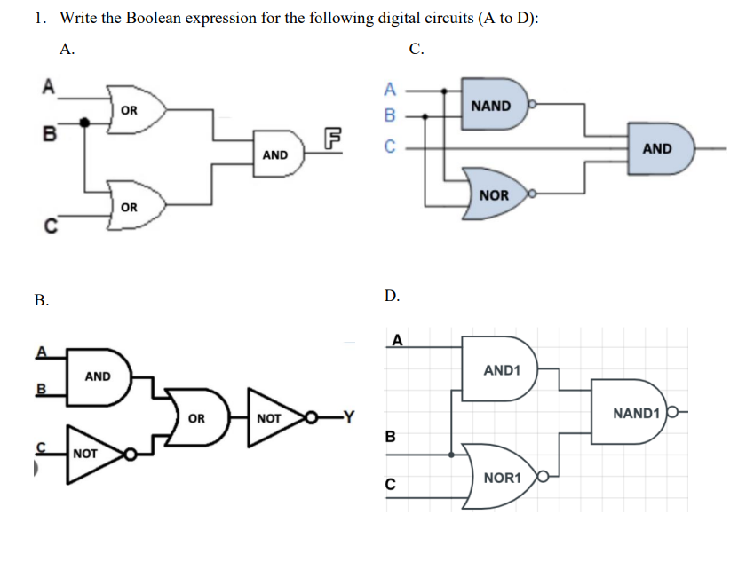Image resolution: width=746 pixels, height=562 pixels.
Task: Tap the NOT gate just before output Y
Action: coord(271,416)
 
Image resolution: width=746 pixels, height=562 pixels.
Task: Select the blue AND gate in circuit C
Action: coord(660,148)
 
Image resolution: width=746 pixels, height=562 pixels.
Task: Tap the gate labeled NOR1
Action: coord(500,478)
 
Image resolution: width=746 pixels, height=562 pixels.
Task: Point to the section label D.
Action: coord(393,296)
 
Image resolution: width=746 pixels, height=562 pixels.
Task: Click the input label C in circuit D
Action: coord(389,485)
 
